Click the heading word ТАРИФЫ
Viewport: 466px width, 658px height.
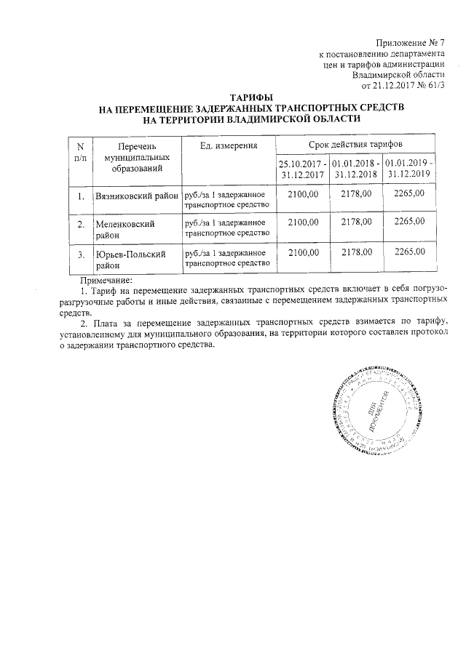[x=251, y=97]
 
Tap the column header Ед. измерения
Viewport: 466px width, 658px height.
[x=228, y=146]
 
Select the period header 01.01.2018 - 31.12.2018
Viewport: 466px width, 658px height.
[x=355, y=169]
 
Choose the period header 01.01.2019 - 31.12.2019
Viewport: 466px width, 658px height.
[x=409, y=169]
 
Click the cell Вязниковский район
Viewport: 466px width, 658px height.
[x=138, y=196]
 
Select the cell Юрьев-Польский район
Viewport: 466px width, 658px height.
[x=131, y=260]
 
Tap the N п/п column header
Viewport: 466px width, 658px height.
[x=80, y=151]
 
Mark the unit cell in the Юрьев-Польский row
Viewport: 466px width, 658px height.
[x=229, y=260]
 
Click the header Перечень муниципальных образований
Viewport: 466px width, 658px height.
[x=137, y=157]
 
